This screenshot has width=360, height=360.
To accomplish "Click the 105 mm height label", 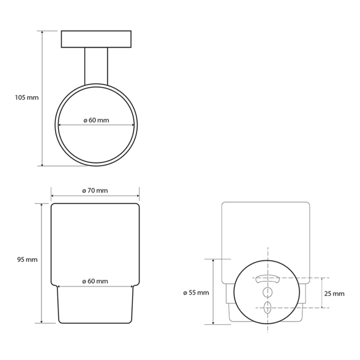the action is [27, 98].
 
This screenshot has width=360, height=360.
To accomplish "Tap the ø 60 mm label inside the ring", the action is [96, 120].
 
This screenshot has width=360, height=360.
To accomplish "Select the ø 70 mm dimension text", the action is [95, 191].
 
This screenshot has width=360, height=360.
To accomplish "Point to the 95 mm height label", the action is [27, 260].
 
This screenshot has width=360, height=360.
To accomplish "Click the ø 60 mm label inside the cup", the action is [95, 281].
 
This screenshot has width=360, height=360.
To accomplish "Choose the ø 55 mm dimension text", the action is [196, 293].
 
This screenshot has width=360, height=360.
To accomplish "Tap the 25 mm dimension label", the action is [334, 294].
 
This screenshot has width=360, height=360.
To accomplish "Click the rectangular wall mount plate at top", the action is [96, 39].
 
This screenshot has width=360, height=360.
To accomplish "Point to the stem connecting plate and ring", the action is [96, 66].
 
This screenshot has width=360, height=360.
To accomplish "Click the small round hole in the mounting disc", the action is [267, 292].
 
